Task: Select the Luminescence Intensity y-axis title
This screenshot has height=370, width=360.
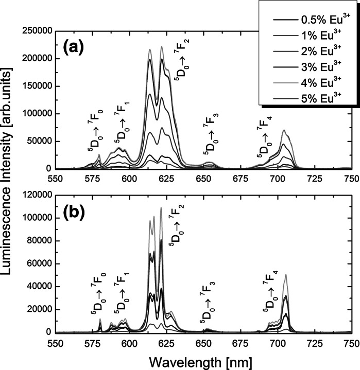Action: click(x=10, y=182)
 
